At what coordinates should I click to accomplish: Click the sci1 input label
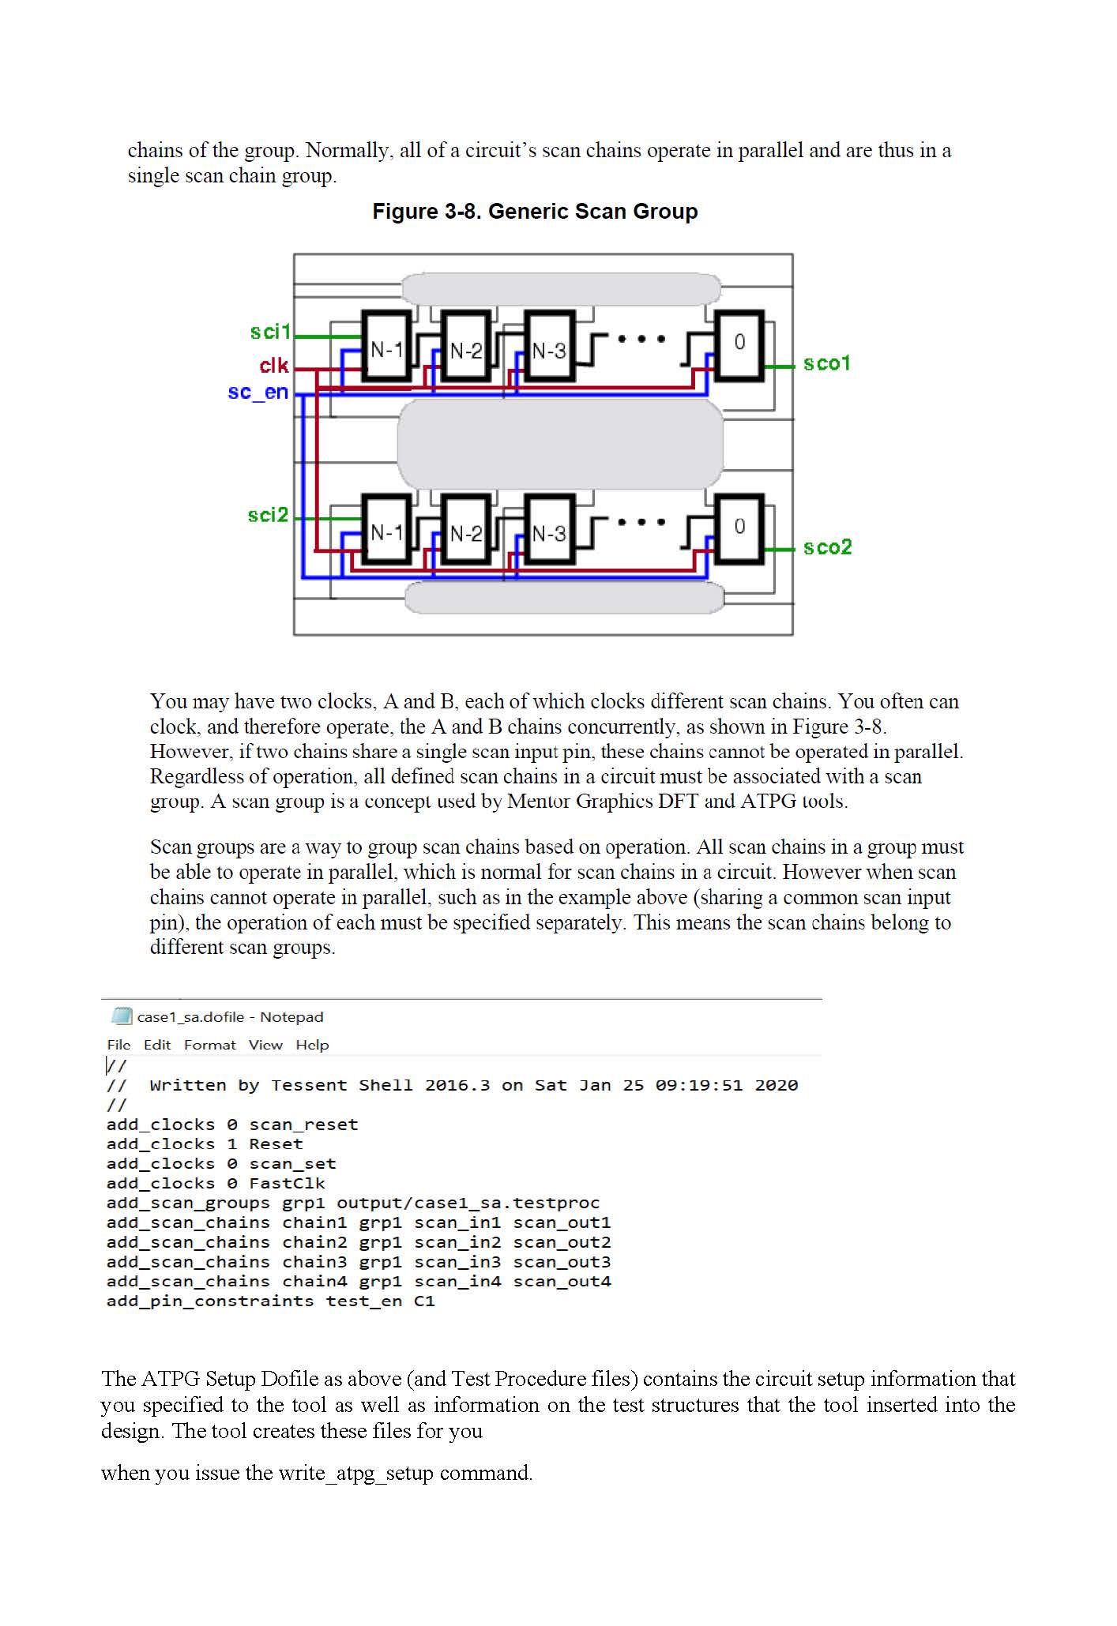pos(270,332)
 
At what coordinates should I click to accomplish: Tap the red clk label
pos(274,366)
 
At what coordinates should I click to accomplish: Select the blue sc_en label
pos(258,392)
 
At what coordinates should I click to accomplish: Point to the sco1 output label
pos(826,363)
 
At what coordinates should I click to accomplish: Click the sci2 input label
pos(268,515)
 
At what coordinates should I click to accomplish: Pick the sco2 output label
pos(827,547)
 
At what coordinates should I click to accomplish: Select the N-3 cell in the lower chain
pos(549,533)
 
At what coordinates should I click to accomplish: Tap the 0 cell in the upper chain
pos(739,342)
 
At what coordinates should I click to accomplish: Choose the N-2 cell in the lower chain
pos(466,533)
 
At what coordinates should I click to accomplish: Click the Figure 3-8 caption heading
pos(535,212)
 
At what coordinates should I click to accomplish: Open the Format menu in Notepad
pos(209,1045)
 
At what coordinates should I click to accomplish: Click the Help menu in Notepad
pos(312,1045)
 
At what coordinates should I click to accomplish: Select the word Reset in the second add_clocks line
pos(276,1144)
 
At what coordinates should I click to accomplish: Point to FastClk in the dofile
pos(287,1183)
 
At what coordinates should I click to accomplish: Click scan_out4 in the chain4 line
pos(562,1281)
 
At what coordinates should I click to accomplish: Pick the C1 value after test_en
pos(424,1301)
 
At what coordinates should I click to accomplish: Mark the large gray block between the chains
pos(559,444)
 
